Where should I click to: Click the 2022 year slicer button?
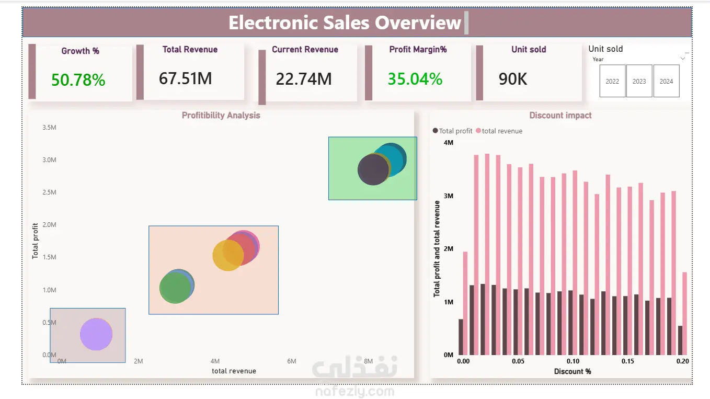[612, 81]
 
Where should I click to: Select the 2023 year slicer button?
[639, 81]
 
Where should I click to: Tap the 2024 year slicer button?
[666, 81]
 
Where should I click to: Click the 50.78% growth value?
[78, 79]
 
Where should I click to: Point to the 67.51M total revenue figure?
[186, 78]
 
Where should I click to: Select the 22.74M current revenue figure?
[304, 79]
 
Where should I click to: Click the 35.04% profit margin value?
[415, 79]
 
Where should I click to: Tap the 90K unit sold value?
[513, 79]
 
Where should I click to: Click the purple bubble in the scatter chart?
[96, 334]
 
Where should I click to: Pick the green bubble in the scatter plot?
[175, 288]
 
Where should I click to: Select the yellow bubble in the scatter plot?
[227, 255]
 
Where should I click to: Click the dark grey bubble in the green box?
[373, 169]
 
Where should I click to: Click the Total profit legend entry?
[452, 131]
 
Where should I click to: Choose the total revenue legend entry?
[499, 131]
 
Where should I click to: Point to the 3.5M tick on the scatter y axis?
[50, 128]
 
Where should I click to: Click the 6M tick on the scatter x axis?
[292, 361]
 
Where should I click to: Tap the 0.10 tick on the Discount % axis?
[573, 361]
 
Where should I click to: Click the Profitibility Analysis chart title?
[221, 116]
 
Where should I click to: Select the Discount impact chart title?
[560, 116]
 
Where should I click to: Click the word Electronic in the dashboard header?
[272, 22]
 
